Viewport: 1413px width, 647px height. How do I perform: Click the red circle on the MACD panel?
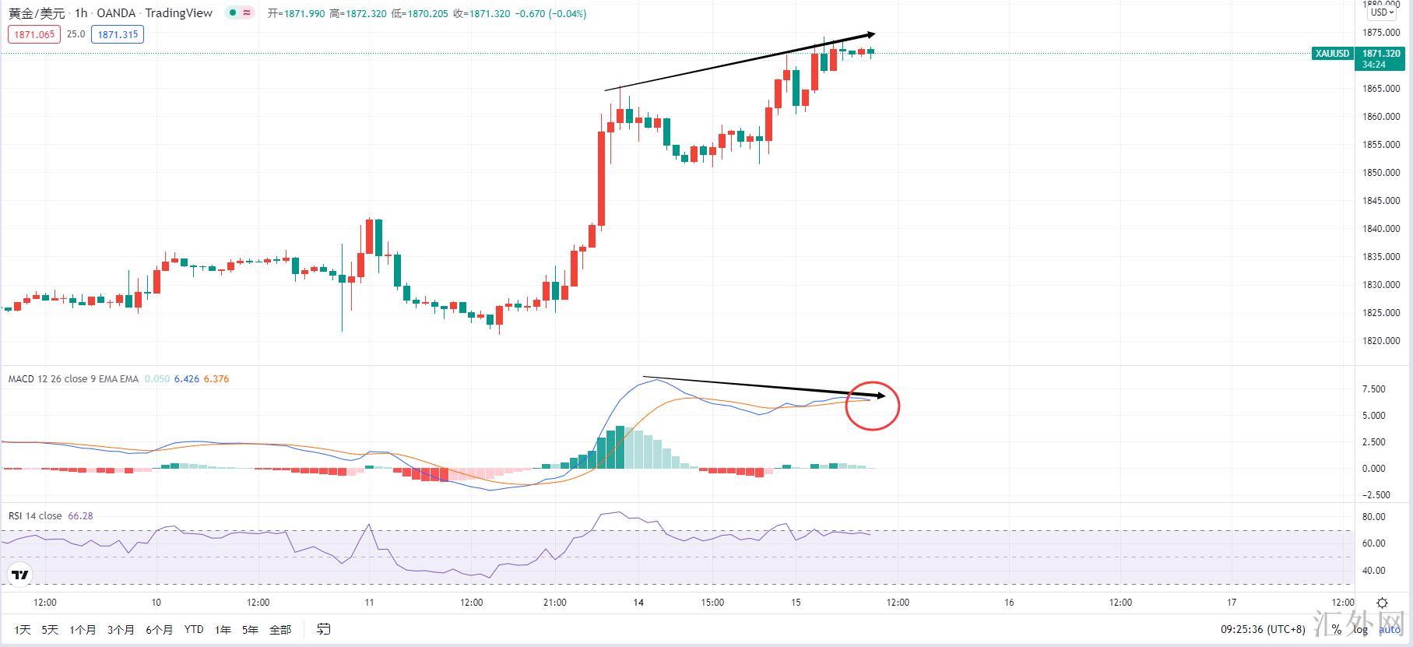873,406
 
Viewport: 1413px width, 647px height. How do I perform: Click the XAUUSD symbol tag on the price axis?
1332,54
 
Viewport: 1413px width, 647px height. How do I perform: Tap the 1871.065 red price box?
34,34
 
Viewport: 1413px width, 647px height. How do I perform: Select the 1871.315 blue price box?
118,34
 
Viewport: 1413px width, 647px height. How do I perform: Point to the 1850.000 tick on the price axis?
1381,173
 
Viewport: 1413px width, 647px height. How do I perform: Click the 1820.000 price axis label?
1381,341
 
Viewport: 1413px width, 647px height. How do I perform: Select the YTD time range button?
194,630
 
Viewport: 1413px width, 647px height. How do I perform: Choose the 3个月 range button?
121,630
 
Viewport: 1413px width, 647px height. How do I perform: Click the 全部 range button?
280,630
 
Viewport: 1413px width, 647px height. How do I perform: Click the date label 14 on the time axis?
638,603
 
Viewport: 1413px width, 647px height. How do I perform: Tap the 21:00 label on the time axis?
554,603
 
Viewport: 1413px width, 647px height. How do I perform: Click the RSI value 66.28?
80,516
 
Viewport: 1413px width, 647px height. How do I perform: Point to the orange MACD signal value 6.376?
216,379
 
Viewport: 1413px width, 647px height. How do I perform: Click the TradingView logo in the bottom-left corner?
20,575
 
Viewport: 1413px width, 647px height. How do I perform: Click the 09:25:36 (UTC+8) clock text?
1263,629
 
